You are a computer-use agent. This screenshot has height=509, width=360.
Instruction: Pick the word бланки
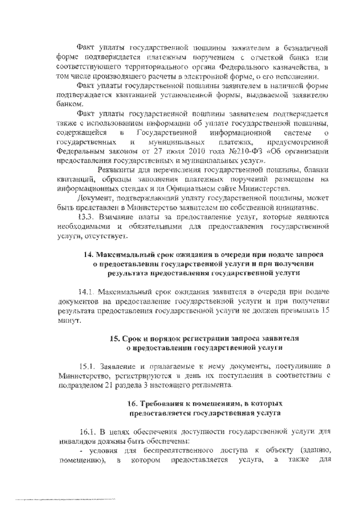[316, 170]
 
